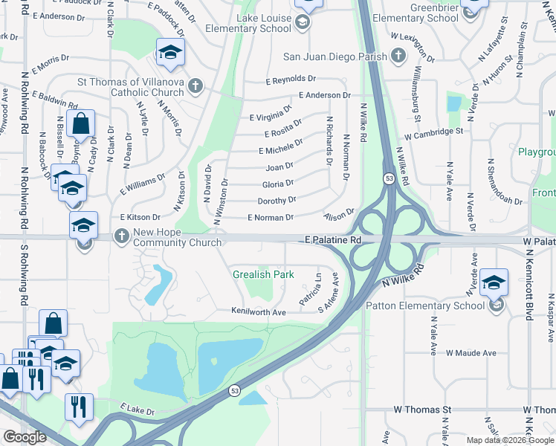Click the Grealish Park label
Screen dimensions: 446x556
[x=263, y=274]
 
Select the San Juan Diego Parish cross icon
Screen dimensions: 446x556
[x=398, y=56]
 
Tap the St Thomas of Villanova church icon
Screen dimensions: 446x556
[x=195, y=85]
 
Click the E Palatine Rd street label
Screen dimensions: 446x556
[x=332, y=241]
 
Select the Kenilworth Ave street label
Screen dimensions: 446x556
[x=259, y=311]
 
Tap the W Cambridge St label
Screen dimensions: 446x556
[x=434, y=134]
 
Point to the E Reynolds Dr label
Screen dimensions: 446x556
[x=291, y=79]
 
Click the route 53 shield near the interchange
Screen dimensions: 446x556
[x=389, y=178]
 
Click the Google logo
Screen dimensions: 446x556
[x=25, y=437]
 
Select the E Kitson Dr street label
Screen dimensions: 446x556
[x=140, y=217]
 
